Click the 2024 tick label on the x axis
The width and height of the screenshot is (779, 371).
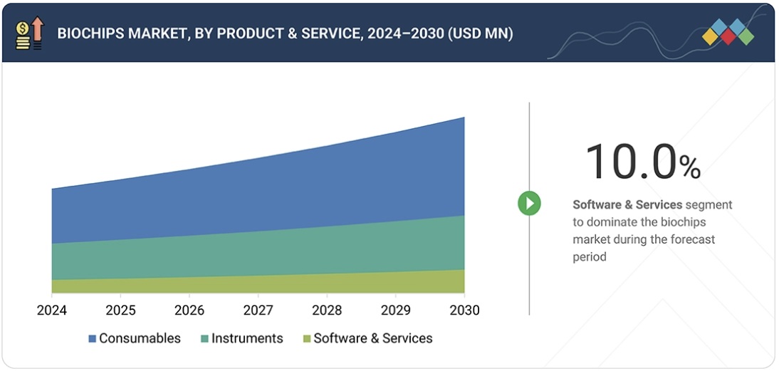click(x=51, y=310)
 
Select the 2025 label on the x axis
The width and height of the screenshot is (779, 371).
click(x=120, y=310)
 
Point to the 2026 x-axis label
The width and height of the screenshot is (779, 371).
click(x=189, y=310)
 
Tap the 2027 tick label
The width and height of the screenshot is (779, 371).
click(x=258, y=310)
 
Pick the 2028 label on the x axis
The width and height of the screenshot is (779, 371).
click(x=326, y=310)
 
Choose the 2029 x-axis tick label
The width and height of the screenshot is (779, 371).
click(x=395, y=310)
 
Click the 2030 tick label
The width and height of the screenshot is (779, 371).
click(x=464, y=310)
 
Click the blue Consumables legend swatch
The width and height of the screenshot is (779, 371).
click(x=92, y=339)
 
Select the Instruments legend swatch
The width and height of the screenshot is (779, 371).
click(x=204, y=339)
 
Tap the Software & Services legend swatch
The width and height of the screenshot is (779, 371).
click(x=307, y=339)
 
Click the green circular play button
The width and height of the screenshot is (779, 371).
click(x=529, y=204)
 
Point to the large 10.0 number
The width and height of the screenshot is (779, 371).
click(x=629, y=162)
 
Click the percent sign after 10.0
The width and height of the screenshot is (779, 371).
click(x=689, y=167)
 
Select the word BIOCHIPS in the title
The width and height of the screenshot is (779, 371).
click(x=90, y=33)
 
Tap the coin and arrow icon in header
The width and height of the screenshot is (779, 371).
click(x=29, y=33)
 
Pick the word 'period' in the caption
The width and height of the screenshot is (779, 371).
click(x=590, y=256)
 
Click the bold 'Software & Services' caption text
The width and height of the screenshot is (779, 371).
click(x=627, y=205)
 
